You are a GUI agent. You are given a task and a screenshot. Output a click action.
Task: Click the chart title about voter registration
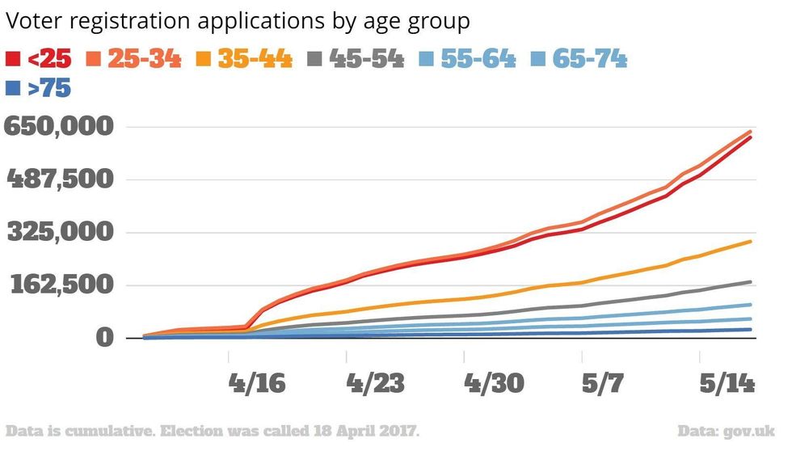238,22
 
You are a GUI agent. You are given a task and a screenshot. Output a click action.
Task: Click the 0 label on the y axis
103,338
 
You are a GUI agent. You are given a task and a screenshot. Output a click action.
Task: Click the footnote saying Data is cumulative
212,429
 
